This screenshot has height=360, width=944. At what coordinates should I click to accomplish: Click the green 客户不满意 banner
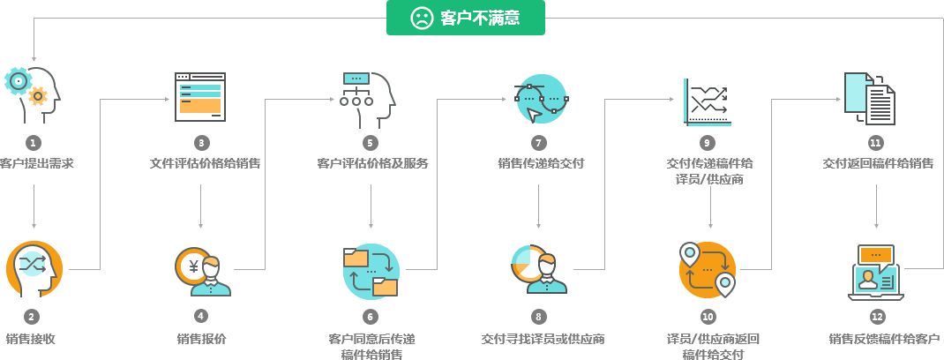coord(465,18)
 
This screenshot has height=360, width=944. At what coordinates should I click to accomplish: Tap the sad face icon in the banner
coord(422,18)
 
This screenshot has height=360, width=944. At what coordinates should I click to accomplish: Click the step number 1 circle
coord(34,142)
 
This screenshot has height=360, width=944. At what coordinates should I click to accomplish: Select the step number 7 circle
coord(539,142)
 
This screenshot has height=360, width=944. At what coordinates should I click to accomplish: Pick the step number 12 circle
coord(876,316)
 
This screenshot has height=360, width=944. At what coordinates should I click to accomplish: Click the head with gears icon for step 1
coord(33,94)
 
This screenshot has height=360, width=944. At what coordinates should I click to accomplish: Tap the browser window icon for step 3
coord(200,96)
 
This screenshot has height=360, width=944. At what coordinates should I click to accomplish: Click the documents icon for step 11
coord(870,98)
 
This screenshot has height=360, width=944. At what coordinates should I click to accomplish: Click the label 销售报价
coord(201,339)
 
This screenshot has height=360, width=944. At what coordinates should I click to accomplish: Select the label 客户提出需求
coord(36,163)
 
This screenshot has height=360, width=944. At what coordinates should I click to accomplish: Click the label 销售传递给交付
coord(540,163)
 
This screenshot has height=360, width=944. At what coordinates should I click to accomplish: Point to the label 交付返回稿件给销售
coord(877,163)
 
